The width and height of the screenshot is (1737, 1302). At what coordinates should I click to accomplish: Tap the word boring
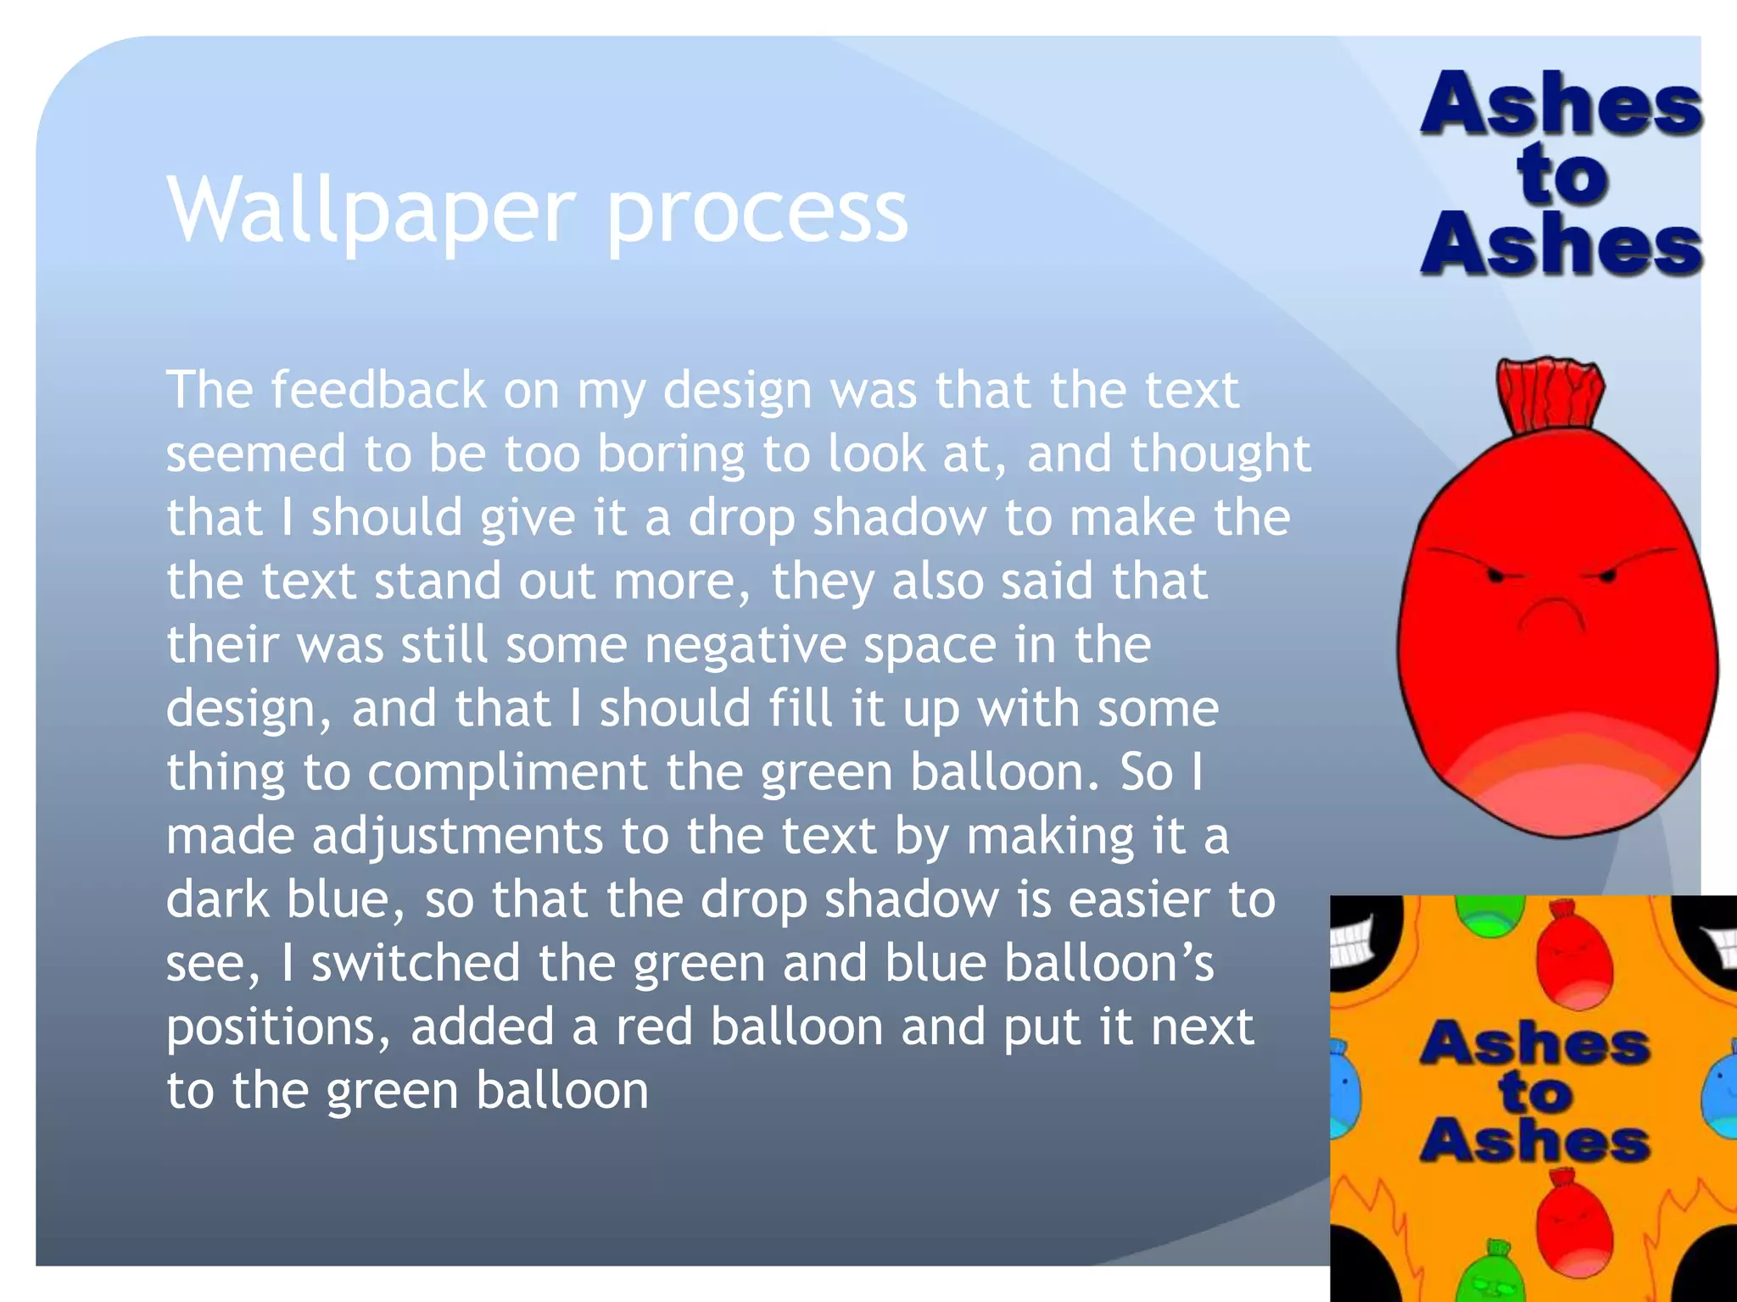click(x=672, y=454)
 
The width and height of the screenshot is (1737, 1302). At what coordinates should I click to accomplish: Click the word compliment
click(x=507, y=772)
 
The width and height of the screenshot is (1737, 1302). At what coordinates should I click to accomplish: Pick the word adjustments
click(x=457, y=836)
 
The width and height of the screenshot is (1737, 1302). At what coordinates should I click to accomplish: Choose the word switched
click(x=416, y=964)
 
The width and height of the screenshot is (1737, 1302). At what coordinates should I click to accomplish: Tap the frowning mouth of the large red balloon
click(x=1553, y=611)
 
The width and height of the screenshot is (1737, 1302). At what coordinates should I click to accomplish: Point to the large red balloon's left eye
click(x=1495, y=576)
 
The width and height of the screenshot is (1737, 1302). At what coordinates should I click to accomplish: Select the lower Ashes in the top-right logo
click(x=1561, y=246)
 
